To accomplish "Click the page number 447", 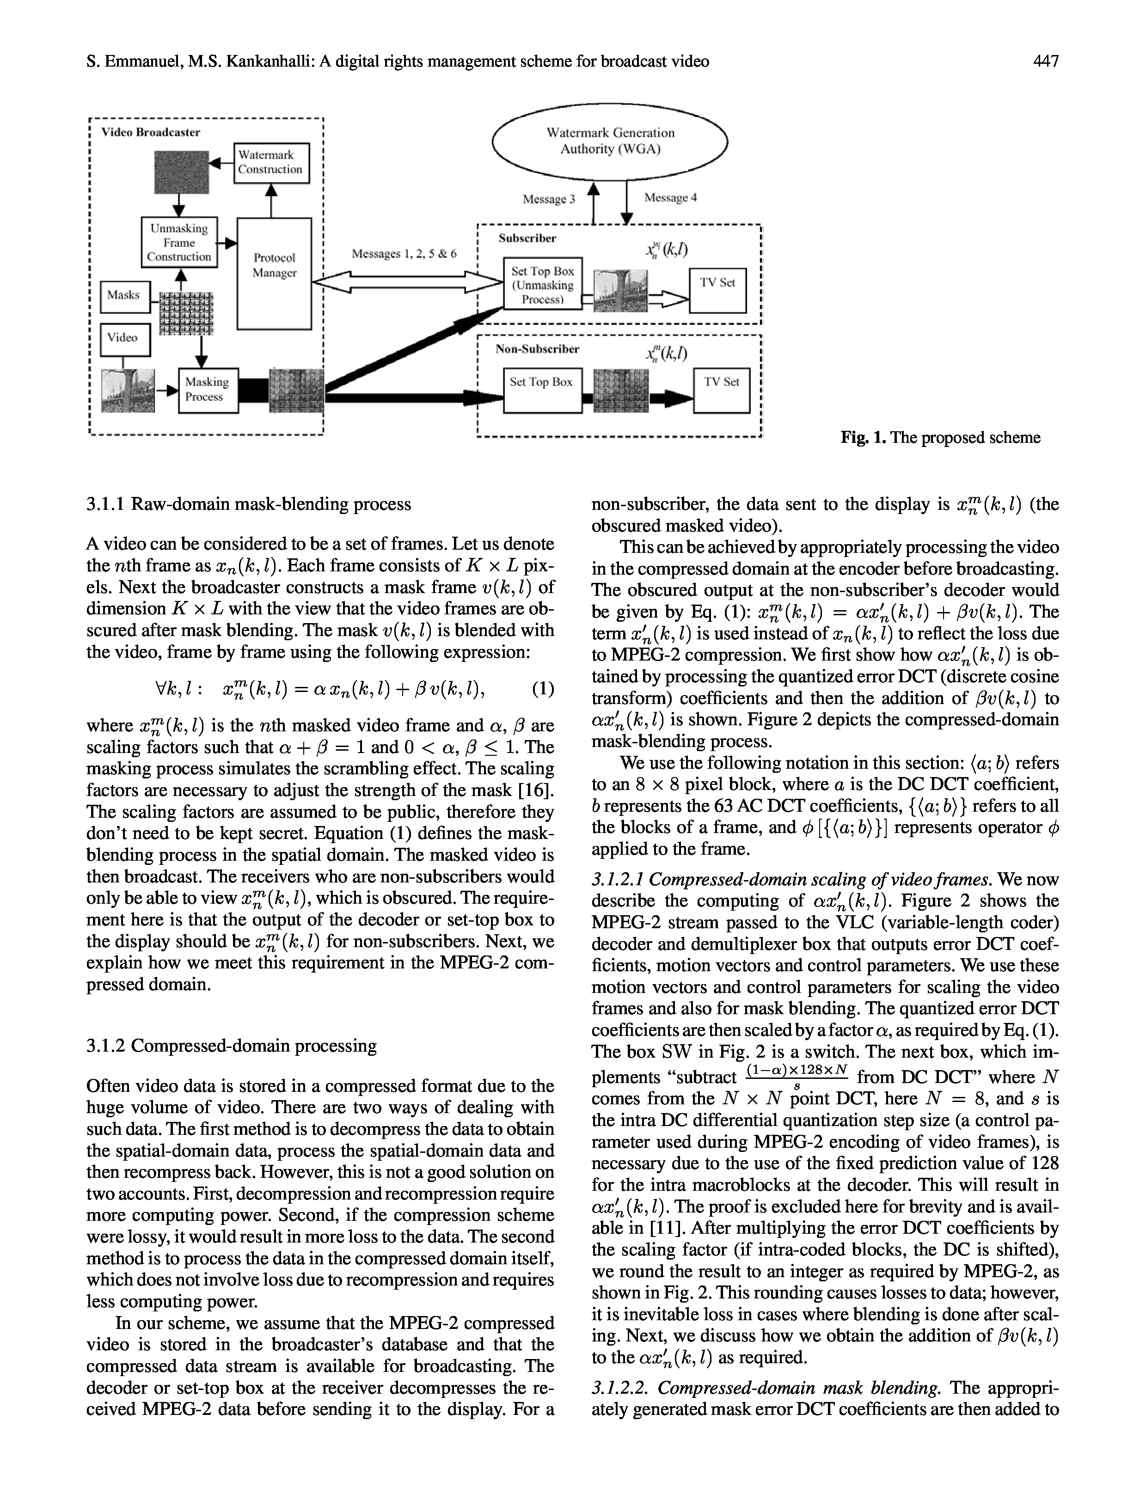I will pyautogui.click(x=1046, y=61).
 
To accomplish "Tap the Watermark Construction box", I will pyautogui.click(x=271, y=163).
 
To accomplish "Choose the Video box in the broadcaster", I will pyautogui.click(x=125, y=338).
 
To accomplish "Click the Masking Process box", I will pyautogui.click(x=208, y=390).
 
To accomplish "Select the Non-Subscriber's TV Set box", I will pyautogui.click(x=721, y=390).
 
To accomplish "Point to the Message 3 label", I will pyautogui.click(x=548, y=200).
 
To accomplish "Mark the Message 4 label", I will pyautogui.click(x=671, y=198).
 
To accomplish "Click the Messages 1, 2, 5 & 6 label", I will pyautogui.click(x=404, y=254).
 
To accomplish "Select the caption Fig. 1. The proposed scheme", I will pyautogui.click(x=940, y=437).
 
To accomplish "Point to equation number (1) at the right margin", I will pyautogui.click(x=542, y=688).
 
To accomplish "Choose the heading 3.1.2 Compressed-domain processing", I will pyautogui.click(x=232, y=1045).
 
